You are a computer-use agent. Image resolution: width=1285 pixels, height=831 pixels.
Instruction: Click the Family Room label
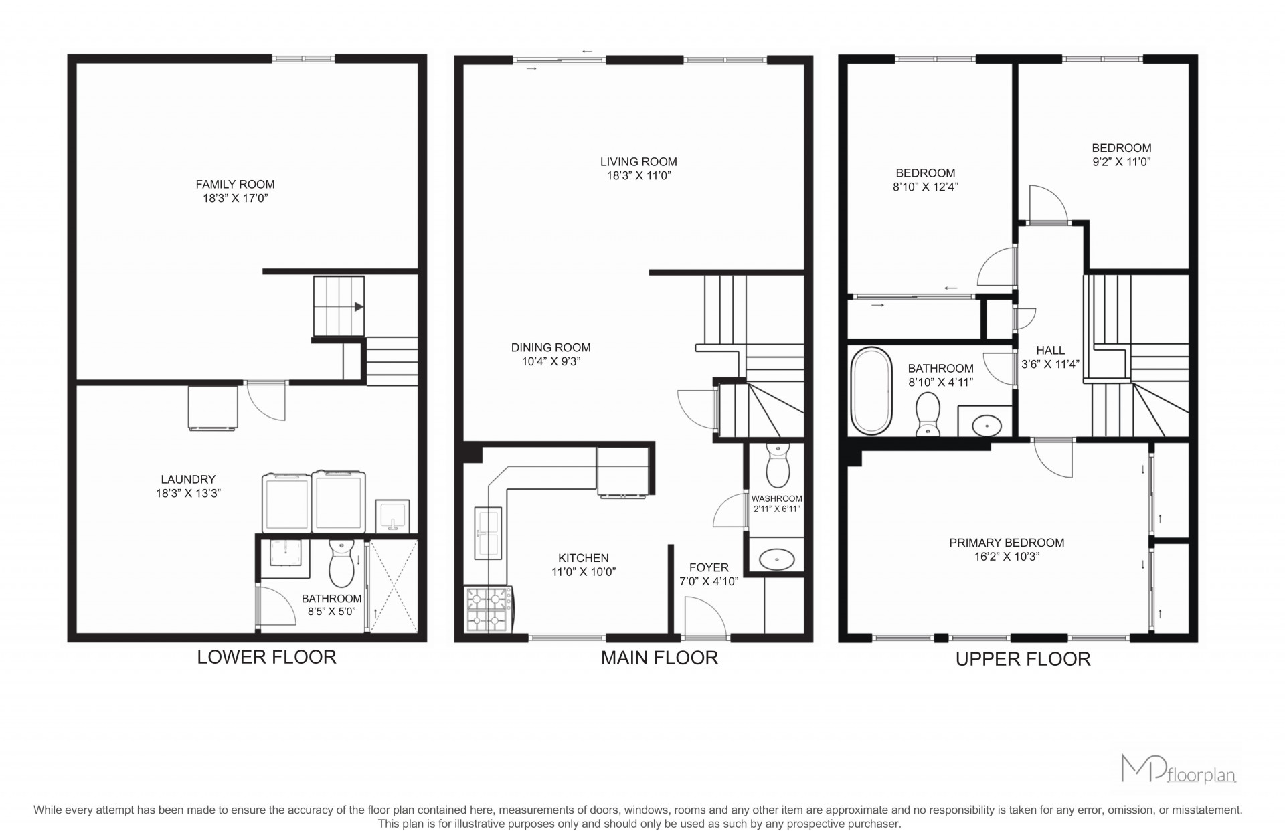235,184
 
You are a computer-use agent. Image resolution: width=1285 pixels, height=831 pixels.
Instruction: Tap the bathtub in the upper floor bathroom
871,391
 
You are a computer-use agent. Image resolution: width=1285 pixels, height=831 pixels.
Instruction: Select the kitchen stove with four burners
489,609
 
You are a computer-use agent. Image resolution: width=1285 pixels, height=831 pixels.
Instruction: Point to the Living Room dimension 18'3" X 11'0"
638,176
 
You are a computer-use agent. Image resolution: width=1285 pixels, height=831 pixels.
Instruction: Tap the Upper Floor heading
1023,659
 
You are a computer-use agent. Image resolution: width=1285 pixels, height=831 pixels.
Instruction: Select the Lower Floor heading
266,657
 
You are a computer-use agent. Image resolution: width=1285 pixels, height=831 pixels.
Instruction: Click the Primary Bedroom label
1007,543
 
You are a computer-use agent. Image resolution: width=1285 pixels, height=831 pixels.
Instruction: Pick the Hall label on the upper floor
1050,350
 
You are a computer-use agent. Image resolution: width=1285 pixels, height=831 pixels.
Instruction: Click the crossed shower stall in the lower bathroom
394,585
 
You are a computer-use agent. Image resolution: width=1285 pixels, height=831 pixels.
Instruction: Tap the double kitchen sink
488,533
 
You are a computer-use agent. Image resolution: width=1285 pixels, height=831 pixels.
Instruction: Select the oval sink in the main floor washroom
777,558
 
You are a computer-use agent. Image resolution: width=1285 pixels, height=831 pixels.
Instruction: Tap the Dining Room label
551,347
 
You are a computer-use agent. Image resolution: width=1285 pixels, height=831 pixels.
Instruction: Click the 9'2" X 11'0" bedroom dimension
1121,162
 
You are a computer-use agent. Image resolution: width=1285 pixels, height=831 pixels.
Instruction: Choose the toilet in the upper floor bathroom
928,413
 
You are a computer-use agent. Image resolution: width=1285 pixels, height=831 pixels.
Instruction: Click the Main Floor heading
659,658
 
